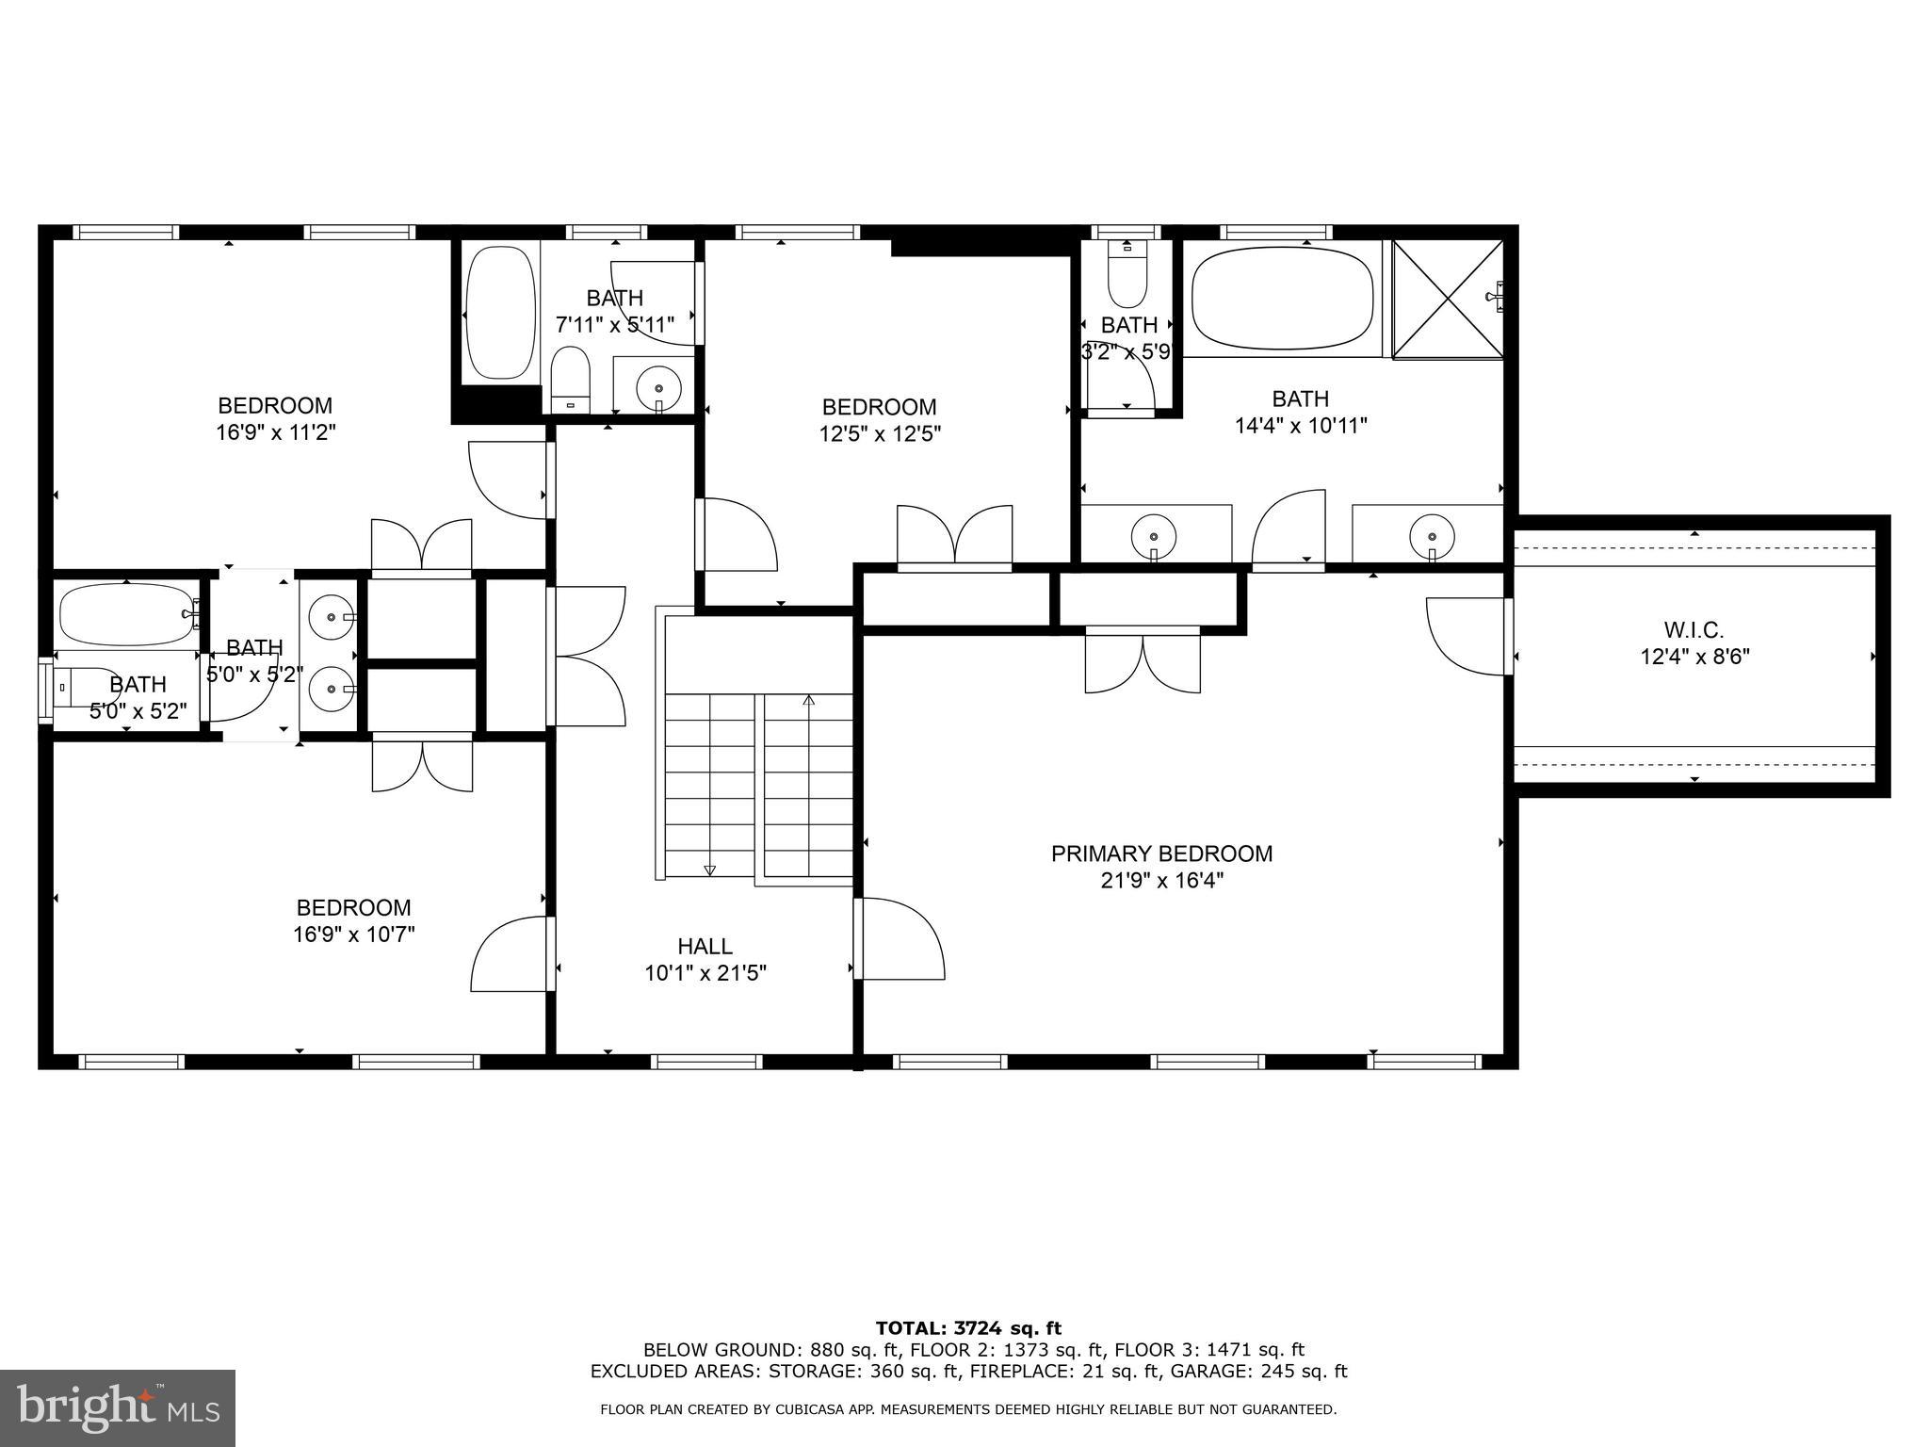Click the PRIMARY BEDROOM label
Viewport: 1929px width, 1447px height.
coord(1161,854)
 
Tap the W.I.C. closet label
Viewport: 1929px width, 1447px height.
coord(1694,629)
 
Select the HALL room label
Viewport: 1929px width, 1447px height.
coord(705,946)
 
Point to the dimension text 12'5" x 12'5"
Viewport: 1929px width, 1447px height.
coord(880,434)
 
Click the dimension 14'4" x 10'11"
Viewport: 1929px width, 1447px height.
coord(1301,426)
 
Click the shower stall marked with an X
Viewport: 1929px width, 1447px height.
coord(1448,299)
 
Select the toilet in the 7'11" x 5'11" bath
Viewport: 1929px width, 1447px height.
coord(570,379)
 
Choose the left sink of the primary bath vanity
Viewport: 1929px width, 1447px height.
coord(1154,536)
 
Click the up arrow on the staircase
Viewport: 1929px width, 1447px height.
coord(808,701)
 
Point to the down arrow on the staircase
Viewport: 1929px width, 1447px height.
coord(709,870)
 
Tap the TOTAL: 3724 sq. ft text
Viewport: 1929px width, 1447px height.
coord(967,1328)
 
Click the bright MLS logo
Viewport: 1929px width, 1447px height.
coord(118,1407)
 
